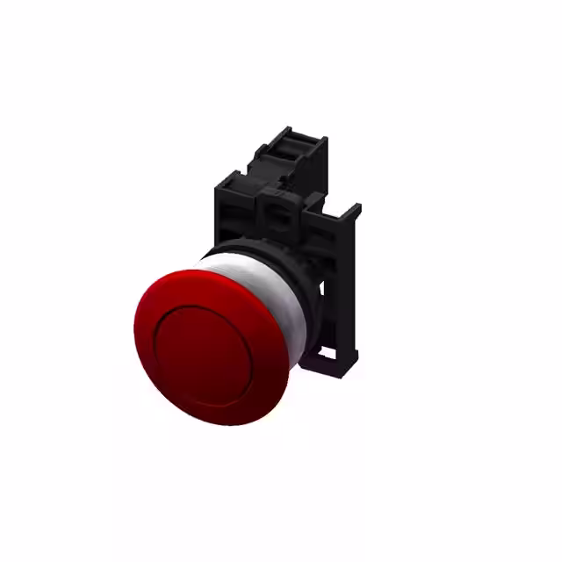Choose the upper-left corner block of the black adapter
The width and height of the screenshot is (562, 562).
(x=230, y=183)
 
